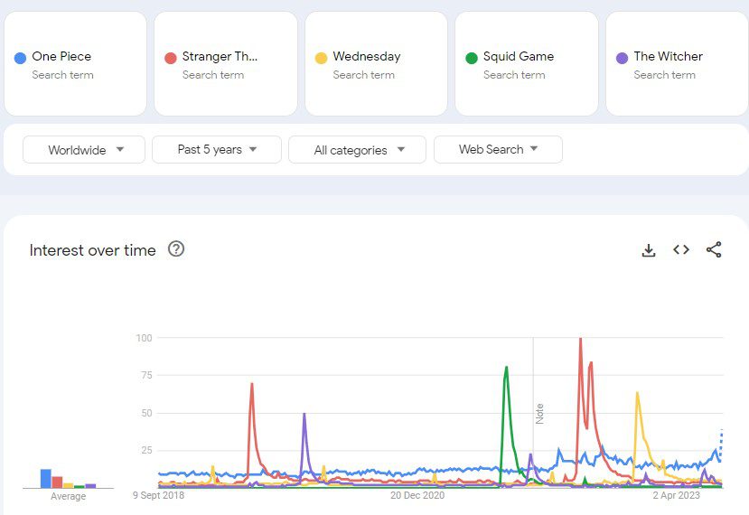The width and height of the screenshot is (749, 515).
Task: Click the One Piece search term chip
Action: (75, 63)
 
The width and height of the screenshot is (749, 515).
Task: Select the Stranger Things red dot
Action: (170, 58)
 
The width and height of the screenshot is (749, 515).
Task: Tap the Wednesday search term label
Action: (366, 56)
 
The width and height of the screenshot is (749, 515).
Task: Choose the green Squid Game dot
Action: (471, 58)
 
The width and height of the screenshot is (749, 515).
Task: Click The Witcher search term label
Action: (668, 56)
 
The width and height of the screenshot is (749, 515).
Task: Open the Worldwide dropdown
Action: (84, 150)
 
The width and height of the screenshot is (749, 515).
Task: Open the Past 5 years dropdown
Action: (217, 150)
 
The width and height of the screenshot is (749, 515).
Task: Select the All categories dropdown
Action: (357, 150)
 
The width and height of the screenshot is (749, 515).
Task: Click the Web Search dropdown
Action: (498, 150)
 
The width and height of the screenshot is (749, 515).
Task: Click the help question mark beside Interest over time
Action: (176, 249)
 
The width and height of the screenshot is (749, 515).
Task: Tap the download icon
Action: (648, 250)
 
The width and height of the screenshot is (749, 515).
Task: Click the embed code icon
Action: (681, 249)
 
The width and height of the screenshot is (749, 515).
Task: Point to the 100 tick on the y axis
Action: (143, 338)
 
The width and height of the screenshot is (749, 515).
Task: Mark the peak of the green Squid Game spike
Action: (507, 367)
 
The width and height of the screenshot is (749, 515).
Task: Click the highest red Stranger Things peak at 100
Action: (580, 339)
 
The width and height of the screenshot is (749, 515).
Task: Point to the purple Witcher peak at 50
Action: (304, 414)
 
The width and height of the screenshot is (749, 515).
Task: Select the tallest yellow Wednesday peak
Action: (637, 393)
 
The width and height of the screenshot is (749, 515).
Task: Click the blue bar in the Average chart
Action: (45, 478)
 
